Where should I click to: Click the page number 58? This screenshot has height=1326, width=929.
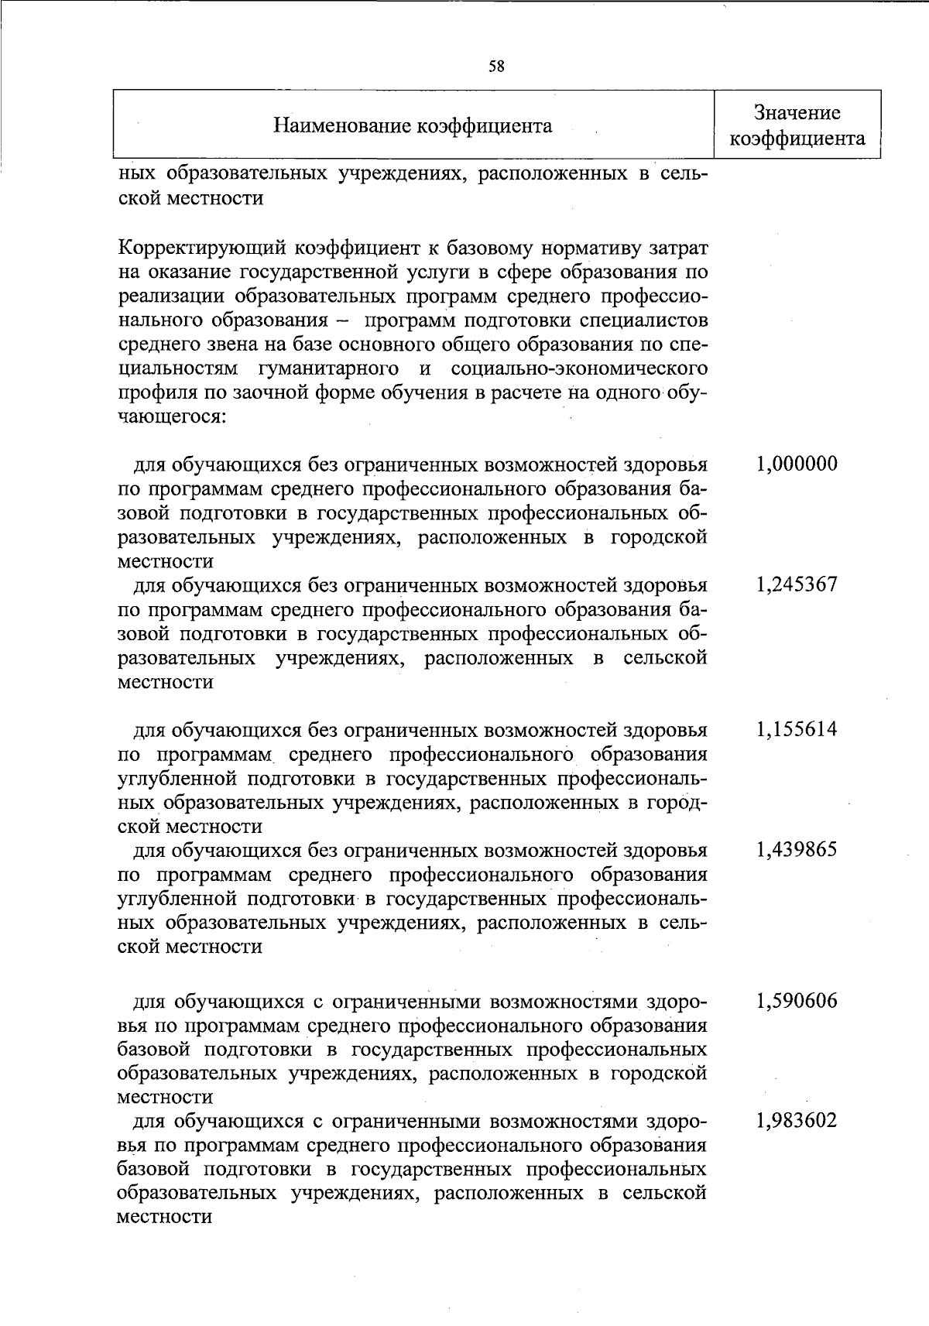click(x=496, y=67)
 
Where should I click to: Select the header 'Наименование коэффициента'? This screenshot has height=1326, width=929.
click(x=413, y=125)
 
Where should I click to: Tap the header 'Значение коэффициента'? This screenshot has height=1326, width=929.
click(x=797, y=125)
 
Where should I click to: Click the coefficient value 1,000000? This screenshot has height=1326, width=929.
click(x=797, y=464)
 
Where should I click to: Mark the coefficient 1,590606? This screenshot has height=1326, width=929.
click(x=797, y=1002)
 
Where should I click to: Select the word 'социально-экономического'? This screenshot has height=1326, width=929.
click(x=578, y=368)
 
